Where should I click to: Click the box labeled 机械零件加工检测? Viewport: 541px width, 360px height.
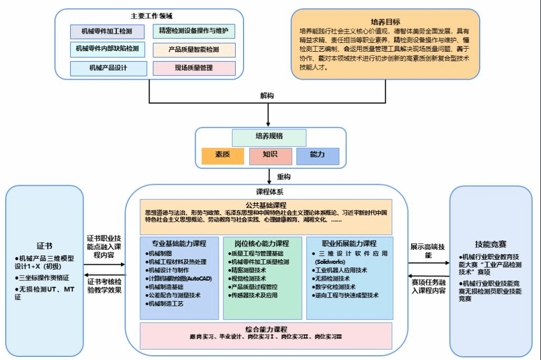[107, 32]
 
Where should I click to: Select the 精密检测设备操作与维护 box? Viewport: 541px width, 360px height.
[193, 31]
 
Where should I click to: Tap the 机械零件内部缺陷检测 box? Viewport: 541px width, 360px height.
[107, 49]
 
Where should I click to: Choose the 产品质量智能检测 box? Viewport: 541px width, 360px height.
[193, 50]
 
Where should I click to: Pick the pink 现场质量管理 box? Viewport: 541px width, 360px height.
[193, 68]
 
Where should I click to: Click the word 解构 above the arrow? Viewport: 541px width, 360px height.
[267, 96]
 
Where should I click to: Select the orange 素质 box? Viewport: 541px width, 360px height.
[222, 155]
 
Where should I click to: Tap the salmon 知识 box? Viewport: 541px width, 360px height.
[270, 155]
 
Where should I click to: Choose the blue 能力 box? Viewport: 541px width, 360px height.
[318, 155]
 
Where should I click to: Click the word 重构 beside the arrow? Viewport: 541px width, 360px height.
[284, 176]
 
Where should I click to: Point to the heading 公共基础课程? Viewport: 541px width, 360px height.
[266, 205]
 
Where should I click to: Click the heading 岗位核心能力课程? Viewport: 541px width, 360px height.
[262, 244]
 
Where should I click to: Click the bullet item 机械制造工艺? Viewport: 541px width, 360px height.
[167, 304]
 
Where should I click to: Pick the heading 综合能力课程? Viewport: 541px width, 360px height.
[266, 329]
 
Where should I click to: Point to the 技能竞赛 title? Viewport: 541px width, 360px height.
[490, 244]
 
